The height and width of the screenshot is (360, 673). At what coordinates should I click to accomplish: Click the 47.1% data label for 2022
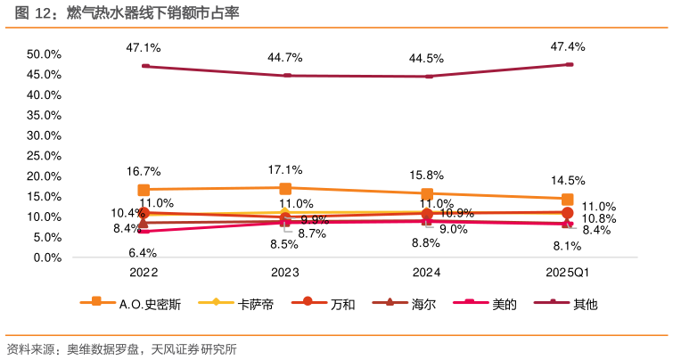point(143,48)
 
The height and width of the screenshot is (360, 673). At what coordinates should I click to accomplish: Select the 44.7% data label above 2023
point(285,57)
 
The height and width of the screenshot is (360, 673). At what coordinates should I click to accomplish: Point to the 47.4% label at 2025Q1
point(568,46)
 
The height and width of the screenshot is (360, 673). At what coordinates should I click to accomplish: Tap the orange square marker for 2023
point(285,188)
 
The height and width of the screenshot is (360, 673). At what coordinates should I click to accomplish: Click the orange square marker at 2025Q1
point(568,199)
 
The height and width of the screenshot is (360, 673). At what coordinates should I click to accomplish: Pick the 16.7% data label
point(143,171)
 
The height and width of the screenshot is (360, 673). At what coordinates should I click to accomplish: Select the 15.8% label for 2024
point(427,175)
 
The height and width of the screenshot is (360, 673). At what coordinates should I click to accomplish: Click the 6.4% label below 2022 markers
point(143,253)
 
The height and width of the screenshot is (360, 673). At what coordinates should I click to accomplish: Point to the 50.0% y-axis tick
point(43,54)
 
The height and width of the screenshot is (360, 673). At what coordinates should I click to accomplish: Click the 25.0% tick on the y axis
point(43,156)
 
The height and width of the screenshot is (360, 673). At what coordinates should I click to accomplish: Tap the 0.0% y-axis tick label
point(46,258)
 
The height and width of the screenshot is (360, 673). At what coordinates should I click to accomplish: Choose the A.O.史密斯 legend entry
point(150,304)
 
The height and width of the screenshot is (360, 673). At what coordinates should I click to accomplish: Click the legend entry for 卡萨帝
point(255,304)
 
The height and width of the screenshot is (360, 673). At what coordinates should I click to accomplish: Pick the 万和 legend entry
point(342,304)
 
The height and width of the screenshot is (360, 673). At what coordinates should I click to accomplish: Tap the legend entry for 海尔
point(423,304)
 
